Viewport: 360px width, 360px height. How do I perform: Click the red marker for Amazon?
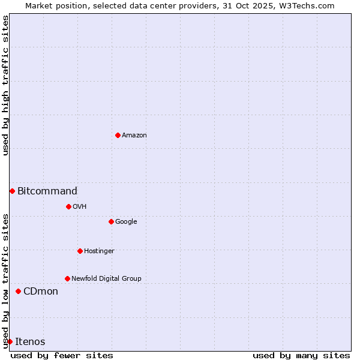click(118, 135)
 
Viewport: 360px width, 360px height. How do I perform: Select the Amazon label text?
click(134, 136)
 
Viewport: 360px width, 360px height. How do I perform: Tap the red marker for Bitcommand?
click(12, 191)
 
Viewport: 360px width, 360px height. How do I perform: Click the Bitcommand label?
click(47, 191)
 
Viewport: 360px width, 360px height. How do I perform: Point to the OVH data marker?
click(68, 206)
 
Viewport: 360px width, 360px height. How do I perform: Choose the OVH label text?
click(80, 207)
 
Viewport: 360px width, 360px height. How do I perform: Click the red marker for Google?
click(111, 221)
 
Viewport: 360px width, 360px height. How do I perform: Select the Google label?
click(126, 222)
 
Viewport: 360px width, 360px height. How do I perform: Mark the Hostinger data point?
click(80, 251)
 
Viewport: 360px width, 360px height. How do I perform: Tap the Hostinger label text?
click(99, 251)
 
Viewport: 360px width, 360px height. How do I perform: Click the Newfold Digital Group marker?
click(67, 278)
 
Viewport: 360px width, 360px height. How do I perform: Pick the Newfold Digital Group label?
click(106, 279)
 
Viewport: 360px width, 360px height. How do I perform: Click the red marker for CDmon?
click(18, 291)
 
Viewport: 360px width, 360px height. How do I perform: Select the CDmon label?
click(41, 292)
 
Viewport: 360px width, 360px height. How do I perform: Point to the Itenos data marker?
click(10, 341)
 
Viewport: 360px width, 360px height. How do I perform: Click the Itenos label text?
click(30, 342)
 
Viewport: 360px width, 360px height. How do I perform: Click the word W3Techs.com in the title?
click(310, 5)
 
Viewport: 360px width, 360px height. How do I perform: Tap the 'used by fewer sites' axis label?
click(62, 355)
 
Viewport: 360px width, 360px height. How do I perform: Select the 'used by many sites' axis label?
click(301, 355)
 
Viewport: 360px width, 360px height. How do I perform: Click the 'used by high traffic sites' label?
click(5, 85)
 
